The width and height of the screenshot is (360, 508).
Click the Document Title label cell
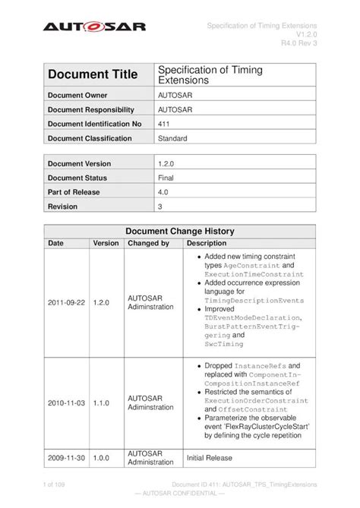[93, 74]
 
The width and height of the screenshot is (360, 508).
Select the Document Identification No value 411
[163, 123]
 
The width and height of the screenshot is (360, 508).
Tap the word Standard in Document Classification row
[174, 138]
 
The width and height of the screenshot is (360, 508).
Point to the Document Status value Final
[166, 178]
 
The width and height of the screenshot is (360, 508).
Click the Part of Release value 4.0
[163, 192]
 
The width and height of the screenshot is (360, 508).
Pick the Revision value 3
[160, 207]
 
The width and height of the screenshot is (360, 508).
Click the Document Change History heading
[179, 232]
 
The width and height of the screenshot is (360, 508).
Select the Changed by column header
[148, 244]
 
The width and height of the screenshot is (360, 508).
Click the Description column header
[207, 244]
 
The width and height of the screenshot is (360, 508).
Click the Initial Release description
[210, 458]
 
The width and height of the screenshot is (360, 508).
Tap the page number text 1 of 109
[58, 484]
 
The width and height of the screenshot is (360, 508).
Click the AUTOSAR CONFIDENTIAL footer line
[180, 494]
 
